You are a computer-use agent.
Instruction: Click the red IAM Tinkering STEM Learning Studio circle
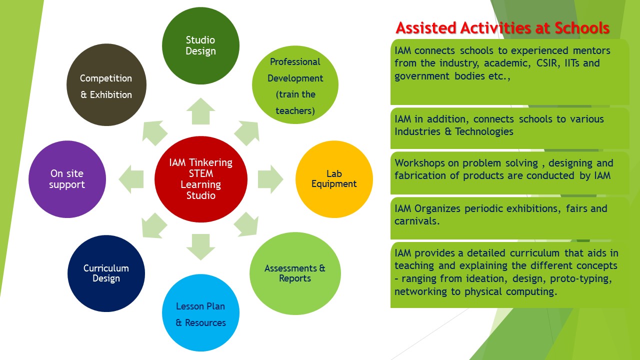(201, 179)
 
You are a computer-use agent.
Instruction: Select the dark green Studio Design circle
(200, 45)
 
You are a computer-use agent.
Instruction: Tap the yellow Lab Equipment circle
(334, 179)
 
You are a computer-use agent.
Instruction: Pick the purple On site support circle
(67, 179)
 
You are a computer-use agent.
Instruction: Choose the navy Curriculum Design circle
(106, 273)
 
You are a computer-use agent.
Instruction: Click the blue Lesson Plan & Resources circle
(200, 313)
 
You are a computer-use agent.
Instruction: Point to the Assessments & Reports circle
(295, 273)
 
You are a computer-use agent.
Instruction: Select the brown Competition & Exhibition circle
(106, 84)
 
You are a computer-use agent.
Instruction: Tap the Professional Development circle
(295, 84)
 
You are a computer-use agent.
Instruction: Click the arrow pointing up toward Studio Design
(200, 111)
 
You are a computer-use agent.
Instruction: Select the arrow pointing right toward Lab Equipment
(270, 179)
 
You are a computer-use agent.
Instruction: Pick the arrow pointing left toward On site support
(131, 179)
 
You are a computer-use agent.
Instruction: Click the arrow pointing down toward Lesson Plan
(200, 247)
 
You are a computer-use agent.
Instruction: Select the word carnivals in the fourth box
(417, 221)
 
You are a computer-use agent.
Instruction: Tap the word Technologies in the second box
(484, 131)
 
